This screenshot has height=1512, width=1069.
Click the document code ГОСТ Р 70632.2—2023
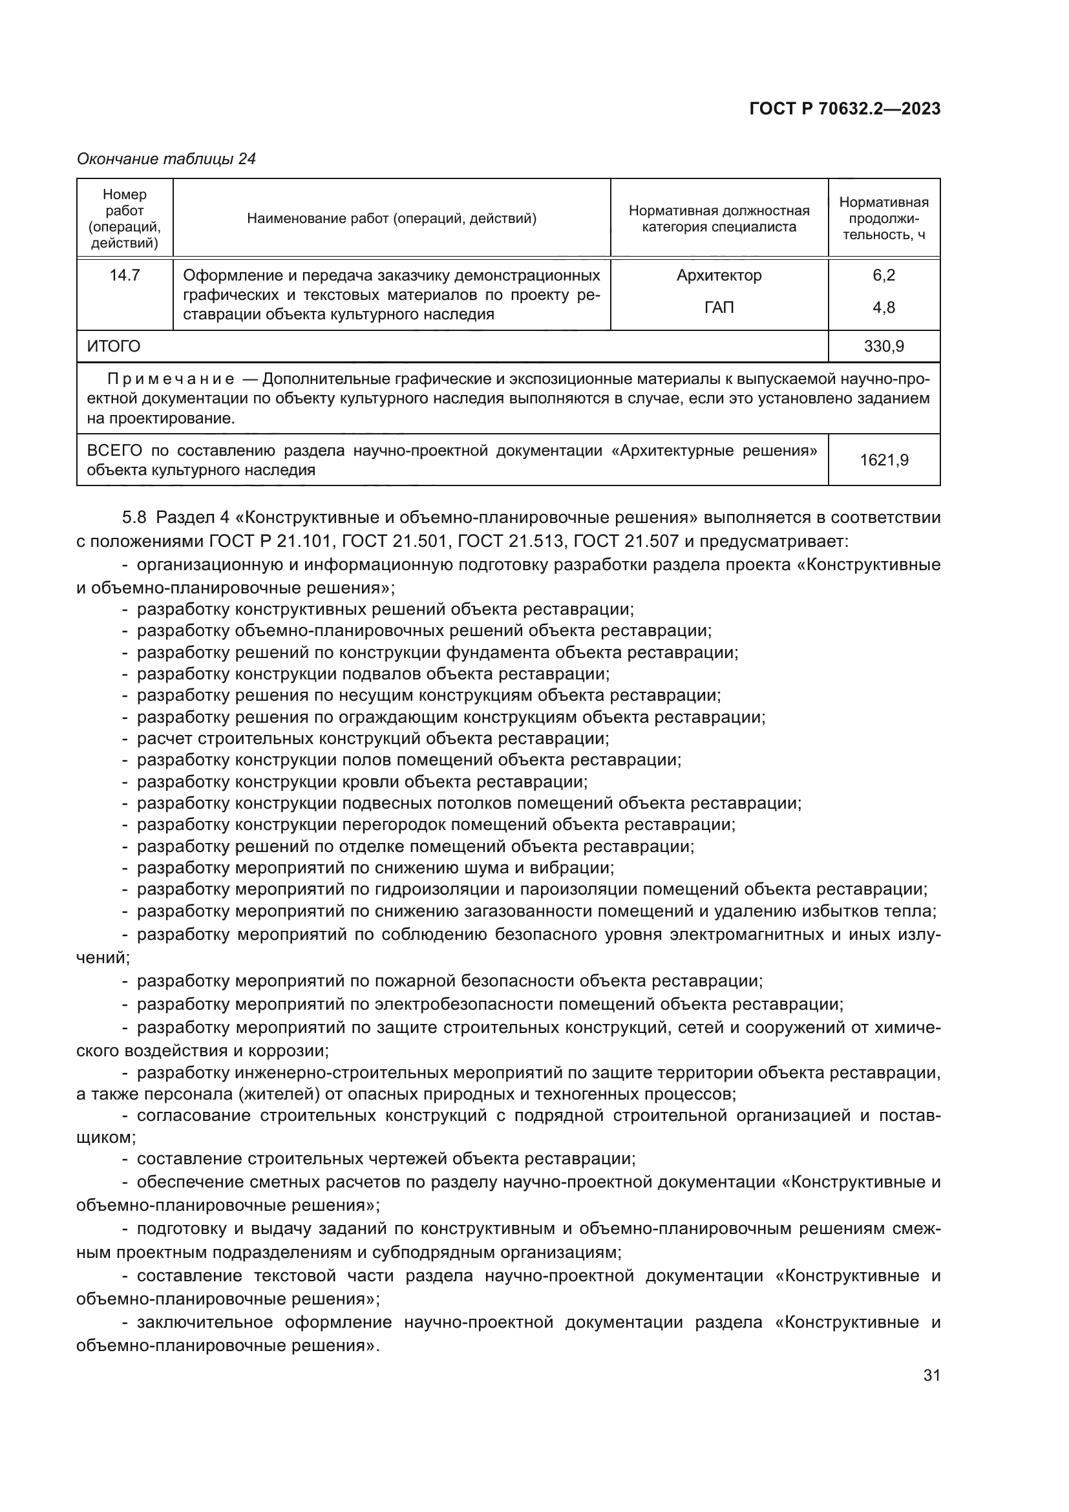845,109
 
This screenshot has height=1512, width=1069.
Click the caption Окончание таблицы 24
167,159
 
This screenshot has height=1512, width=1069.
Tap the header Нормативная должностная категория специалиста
719,218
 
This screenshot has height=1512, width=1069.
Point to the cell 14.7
124,275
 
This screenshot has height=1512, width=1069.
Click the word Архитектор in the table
719,275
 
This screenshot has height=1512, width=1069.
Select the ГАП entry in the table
719,308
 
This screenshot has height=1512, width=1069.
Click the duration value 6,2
884,275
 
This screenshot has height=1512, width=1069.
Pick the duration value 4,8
884,308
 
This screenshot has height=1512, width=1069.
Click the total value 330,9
884,346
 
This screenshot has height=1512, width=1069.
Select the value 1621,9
884,460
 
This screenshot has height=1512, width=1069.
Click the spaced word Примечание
171,379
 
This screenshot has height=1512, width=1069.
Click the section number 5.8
134,518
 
